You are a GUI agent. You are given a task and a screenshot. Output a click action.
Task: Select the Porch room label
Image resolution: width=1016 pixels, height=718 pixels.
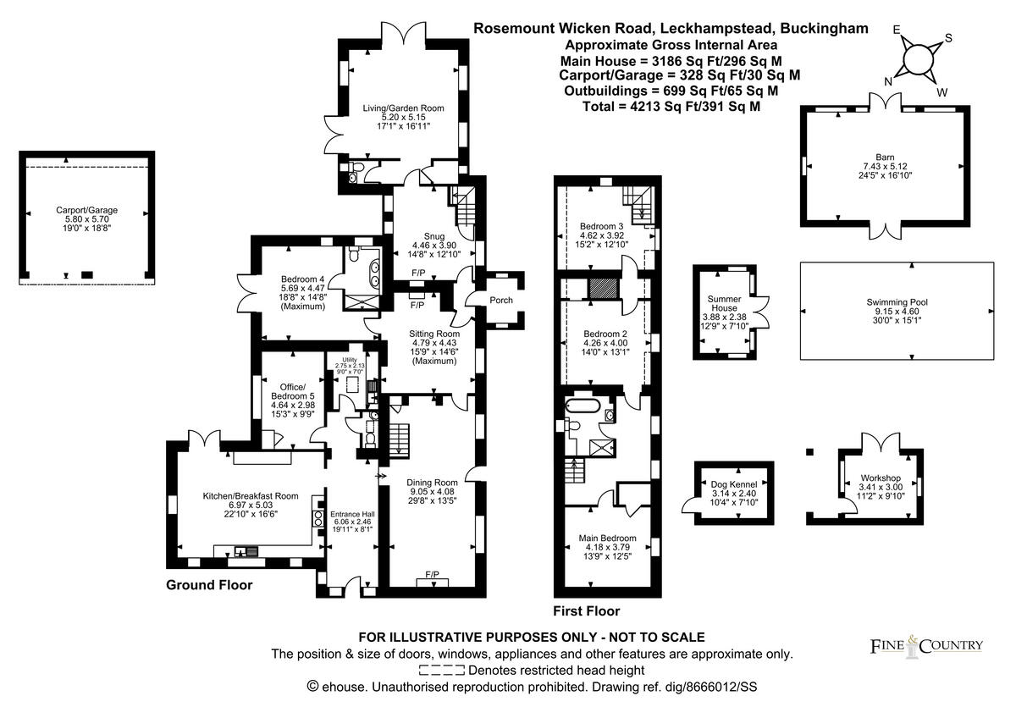(501, 301)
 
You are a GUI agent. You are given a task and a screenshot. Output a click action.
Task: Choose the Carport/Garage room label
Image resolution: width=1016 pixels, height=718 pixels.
(86, 209)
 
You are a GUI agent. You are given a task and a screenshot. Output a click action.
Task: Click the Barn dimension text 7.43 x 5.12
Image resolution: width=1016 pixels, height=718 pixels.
(885, 167)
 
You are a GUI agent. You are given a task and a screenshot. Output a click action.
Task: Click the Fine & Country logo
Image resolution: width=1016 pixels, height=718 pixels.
(927, 646)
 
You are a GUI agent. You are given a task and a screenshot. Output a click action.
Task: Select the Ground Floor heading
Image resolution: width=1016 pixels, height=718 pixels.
(208, 585)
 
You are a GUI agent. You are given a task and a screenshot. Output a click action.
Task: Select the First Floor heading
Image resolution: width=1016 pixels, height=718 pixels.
(586, 610)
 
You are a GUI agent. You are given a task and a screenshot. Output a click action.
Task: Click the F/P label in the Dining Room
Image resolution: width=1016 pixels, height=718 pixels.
(433, 575)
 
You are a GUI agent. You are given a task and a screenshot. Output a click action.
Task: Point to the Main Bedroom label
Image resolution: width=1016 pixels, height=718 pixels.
(607, 538)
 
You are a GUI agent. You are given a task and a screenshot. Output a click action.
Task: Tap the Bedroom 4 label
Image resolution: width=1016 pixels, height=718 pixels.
(302, 279)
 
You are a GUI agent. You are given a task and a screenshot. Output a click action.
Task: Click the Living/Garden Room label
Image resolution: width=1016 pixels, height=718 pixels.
(403, 108)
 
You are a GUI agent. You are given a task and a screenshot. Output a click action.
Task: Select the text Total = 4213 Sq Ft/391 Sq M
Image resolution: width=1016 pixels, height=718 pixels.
(671, 107)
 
